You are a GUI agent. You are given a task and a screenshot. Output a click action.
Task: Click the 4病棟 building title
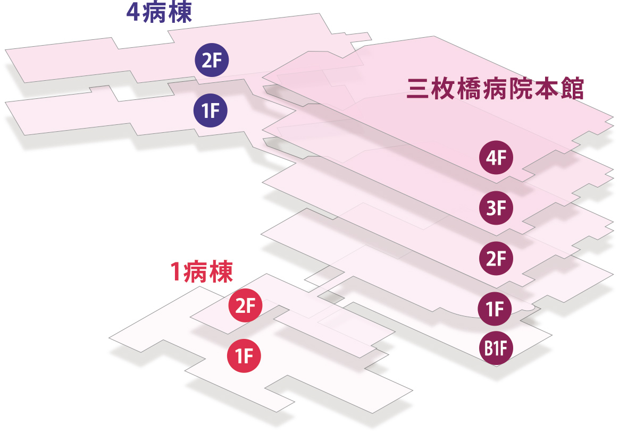pos(158,13)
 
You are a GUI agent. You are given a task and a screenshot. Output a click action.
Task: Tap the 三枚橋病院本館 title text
pos(495,89)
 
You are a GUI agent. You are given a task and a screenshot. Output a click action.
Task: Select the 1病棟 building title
pos(200,272)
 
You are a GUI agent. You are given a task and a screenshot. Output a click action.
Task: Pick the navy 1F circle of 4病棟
pos(211,111)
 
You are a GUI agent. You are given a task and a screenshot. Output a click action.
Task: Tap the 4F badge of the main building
pos(496,158)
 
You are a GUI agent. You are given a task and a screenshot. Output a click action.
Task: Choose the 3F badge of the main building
pos(496,208)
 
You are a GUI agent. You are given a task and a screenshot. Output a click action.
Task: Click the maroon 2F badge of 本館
pos(496,258)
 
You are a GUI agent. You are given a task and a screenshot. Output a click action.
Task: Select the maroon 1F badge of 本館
pos(496,308)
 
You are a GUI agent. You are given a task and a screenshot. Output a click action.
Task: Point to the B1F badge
pos(496,348)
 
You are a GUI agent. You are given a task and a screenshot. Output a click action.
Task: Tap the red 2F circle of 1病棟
pos(245,306)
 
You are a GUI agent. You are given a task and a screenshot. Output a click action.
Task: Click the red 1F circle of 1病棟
pos(244,355)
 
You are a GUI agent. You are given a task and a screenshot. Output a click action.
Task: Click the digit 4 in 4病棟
pos(133,13)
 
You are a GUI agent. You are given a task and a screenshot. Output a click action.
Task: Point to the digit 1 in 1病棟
pos(175,272)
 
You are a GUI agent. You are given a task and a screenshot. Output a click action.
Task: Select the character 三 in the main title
pos(418,89)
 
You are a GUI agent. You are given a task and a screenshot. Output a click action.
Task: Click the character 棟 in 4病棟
pos(180,13)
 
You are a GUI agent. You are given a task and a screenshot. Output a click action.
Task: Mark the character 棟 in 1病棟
pos(222,272)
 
